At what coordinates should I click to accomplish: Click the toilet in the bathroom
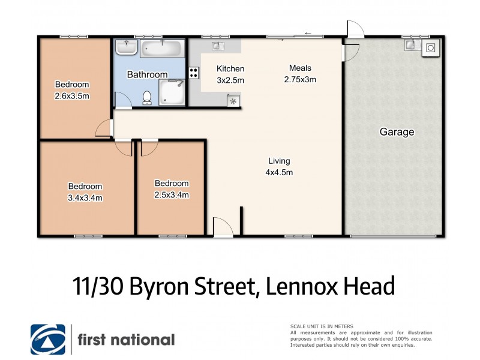point(147,97)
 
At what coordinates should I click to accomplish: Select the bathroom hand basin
point(127,47)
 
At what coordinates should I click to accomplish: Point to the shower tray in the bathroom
point(172,93)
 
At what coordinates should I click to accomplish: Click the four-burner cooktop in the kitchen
point(194,73)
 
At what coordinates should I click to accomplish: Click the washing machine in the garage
point(430,49)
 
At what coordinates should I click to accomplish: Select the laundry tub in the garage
point(411,45)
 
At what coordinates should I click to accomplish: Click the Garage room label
point(397,132)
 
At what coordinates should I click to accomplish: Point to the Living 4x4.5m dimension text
point(279,173)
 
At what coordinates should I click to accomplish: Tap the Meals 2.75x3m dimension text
point(300,79)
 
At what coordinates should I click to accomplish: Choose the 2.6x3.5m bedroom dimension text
point(72,95)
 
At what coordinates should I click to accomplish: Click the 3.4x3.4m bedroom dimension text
point(85,197)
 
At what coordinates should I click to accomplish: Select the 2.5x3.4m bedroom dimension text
point(172,194)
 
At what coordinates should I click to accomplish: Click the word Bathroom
point(147,74)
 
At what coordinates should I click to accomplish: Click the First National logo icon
point(49,340)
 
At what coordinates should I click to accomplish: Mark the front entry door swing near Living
point(222,227)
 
